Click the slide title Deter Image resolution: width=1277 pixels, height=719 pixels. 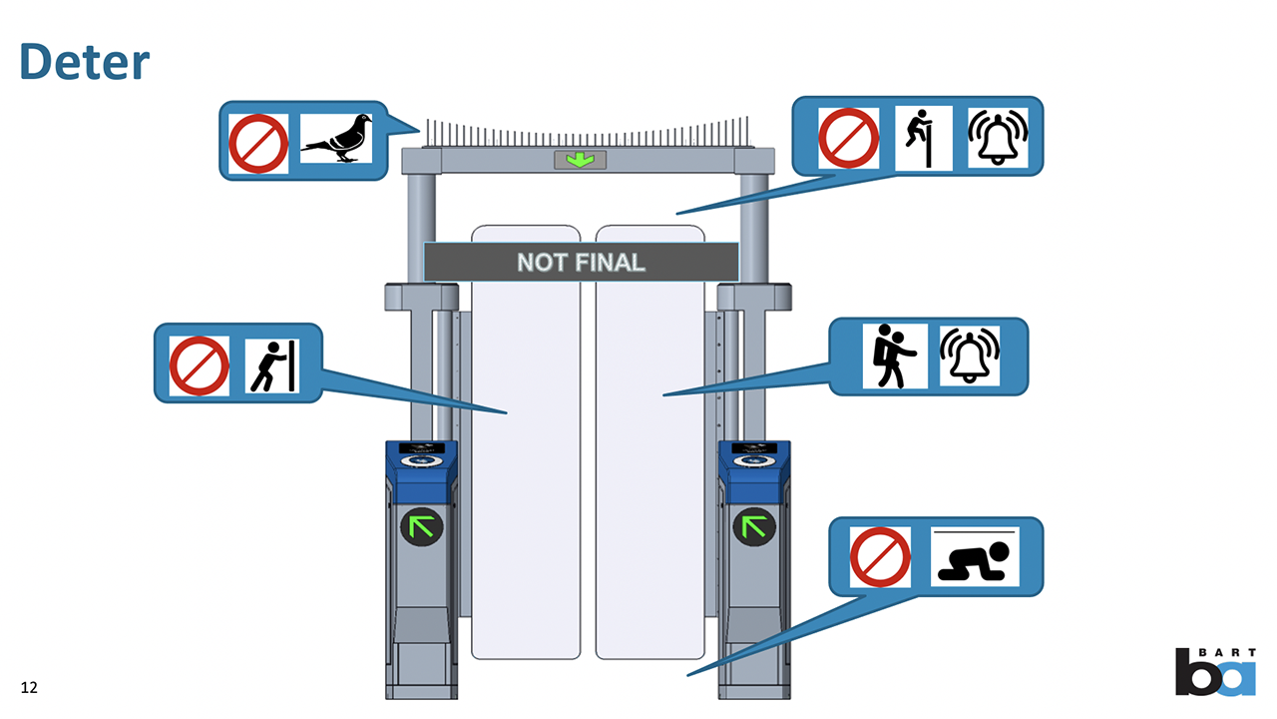[85, 62]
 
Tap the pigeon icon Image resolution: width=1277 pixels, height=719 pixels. [337, 140]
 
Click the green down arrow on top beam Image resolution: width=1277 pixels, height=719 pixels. [580, 160]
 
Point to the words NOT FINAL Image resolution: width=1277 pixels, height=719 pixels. [581, 263]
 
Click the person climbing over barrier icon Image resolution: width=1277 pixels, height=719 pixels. [923, 138]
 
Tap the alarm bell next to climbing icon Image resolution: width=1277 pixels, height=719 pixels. [998, 138]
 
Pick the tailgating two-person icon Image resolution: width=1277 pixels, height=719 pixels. [894, 356]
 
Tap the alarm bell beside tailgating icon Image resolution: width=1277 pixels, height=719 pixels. [970, 356]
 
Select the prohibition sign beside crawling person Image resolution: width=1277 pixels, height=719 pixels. [880, 557]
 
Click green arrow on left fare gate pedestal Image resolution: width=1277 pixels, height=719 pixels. [421, 525]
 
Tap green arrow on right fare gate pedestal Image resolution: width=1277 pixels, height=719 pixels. [754, 525]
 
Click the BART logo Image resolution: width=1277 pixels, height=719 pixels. [1215, 671]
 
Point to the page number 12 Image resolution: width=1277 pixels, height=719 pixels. [29, 687]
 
